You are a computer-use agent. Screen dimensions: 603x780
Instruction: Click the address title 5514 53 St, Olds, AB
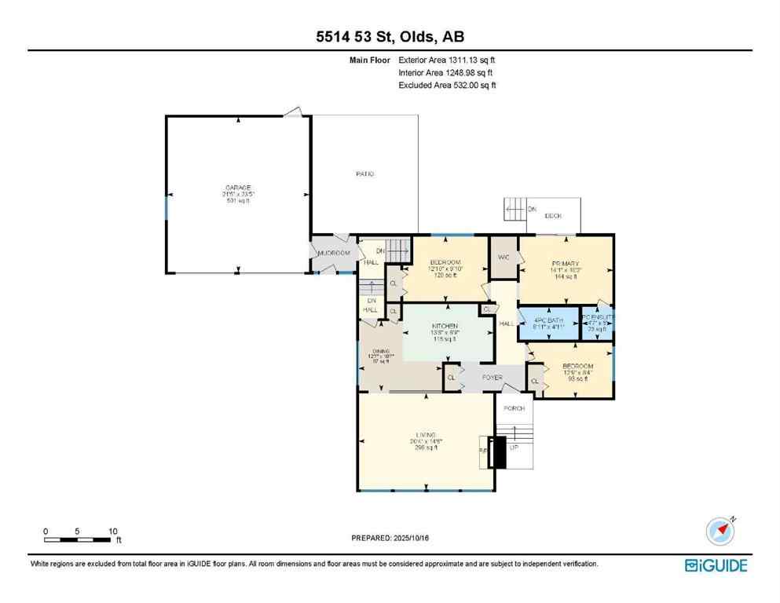390,37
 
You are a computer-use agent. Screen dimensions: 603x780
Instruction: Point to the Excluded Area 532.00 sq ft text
447,86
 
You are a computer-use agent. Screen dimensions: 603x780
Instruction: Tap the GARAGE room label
237,188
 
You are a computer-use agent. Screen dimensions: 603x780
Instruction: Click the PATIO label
364,174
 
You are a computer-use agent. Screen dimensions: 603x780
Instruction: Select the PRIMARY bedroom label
565,262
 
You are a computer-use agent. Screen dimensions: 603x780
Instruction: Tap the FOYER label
492,378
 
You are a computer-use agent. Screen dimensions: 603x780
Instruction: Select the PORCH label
514,408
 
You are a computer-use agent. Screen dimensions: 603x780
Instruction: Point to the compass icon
720,532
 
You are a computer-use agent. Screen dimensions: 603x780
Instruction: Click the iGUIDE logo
716,565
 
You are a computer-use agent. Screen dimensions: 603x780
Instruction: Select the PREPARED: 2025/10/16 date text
390,538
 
